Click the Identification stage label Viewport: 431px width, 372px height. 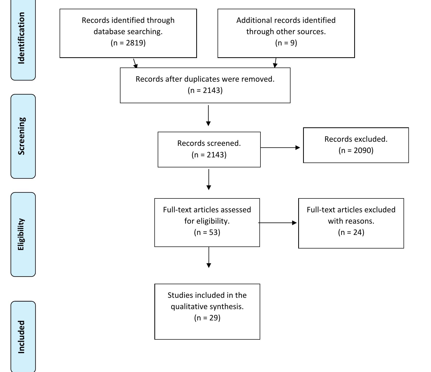click(x=22, y=38)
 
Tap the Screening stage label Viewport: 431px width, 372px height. click(x=22, y=136)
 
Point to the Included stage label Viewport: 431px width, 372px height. click(x=22, y=337)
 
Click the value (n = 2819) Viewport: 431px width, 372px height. click(x=128, y=43)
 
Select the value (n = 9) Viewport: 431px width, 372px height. click(x=286, y=43)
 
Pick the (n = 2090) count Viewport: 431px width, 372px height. click(x=356, y=150)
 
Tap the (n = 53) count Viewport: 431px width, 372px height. click(x=207, y=232)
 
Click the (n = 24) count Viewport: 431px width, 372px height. click(x=351, y=232)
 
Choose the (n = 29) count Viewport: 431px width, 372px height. click(x=207, y=318)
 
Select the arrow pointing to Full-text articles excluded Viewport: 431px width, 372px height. click(x=277, y=223)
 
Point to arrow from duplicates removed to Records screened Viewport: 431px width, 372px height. click(x=208, y=116)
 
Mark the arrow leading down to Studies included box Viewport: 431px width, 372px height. click(x=209, y=257)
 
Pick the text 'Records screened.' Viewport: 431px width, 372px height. click(x=209, y=143)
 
